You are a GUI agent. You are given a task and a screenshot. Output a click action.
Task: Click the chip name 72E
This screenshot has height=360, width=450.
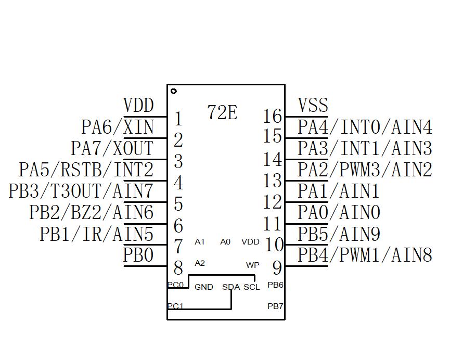click(x=222, y=112)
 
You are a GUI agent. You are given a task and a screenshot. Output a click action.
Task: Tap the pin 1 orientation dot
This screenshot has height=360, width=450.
click(x=174, y=91)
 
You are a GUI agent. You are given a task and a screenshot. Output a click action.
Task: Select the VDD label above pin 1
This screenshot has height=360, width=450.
click(x=138, y=106)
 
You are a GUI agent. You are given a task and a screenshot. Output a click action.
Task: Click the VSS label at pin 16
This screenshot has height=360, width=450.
click(x=313, y=106)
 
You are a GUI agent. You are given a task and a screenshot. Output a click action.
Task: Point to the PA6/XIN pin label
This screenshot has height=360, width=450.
click(x=118, y=127)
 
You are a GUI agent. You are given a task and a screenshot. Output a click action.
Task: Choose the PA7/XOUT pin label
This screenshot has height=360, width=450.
click(x=112, y=148)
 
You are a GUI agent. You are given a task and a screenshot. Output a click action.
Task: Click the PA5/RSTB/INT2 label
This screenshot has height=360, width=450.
click(x=86, y=170)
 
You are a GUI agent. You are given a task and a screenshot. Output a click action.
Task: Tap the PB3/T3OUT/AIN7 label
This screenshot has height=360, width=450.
click(x=81, y=191)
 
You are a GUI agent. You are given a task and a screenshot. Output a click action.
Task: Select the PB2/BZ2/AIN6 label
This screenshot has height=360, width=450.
click(x=92, y=212)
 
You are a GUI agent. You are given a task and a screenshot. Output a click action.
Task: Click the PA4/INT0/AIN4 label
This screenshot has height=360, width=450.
click(x=365, y=127)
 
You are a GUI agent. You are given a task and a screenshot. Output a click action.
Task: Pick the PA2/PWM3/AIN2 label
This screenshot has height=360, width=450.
click(x=365, y=170)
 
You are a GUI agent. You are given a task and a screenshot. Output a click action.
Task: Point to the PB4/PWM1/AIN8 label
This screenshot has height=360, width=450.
click(x=365, y=255)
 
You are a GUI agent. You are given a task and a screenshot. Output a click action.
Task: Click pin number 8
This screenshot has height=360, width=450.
click(x=178, y=268)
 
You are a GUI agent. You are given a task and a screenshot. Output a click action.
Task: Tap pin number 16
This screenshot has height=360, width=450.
click(x=273, y=115)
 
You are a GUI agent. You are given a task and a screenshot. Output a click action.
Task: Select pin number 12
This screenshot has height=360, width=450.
click(x=273, y=202)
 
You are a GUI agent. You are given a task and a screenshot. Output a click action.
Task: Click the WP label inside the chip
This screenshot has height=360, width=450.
click(x=253, y=265)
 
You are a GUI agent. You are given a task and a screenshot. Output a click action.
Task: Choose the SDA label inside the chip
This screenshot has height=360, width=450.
click(x=231, y=287)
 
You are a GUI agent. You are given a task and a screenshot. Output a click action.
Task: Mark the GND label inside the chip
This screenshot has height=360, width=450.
click(x=203, y=287)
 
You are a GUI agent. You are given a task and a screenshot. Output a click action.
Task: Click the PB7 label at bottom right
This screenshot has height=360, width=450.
click(x=275, y=306)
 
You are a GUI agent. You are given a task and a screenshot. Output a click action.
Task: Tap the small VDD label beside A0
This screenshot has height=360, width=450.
click(x=250, y=242)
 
